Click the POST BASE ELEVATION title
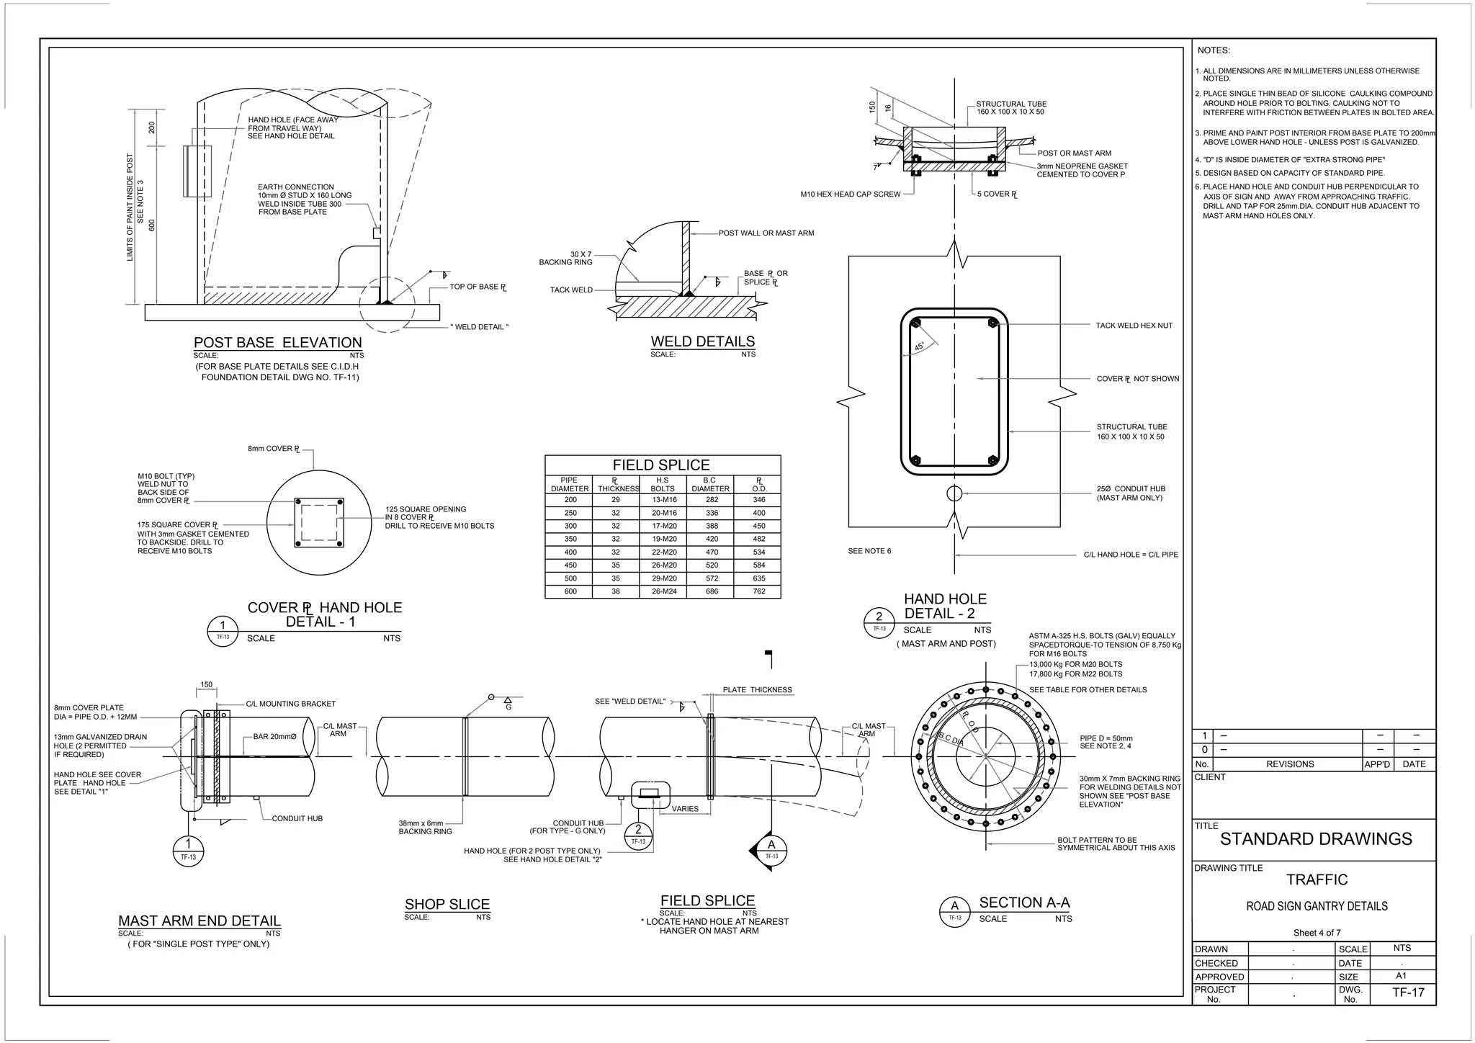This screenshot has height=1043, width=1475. pyautogui.click(x=277, y=343)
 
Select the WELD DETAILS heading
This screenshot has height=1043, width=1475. pyautogui.click(x=702, y=341)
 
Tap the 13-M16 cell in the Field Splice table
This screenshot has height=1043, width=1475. pyautogui.click(x=663, y=500)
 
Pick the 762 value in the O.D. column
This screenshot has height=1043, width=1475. pyautogui.click(x=758, y=591)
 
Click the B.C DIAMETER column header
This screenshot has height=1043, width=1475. pyautogui.click(x=709, y=484)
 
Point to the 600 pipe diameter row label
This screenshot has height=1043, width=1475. pyautogui.click(x=570, y=591)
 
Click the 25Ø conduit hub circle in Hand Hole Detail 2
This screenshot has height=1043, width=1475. pyautogui.click(x=954, y=493)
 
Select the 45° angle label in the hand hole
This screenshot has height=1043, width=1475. pyautogui.click(x=920, y=347)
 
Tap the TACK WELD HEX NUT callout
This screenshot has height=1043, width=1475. pyautogui.click(x=1134, y=326)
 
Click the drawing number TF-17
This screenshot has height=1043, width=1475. pyautogui.click(x=1408, y=993)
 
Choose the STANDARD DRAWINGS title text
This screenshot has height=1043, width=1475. pyautogui.click(x=1316, y=839)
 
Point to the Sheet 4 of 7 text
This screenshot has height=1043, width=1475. pyautogui.click(x=1317, y=933)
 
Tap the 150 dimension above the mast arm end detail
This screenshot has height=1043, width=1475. pyautogui.click(x=207, y=685)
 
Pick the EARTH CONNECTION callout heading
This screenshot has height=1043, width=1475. pyautogui.click(x=295, y=187)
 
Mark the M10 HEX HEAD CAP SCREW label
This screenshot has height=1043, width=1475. pyautogui.click(x=850, y=194)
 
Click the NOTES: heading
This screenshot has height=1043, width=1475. pyautogui.click(x=1214, y=50)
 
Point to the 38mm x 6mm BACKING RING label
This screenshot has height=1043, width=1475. pyautogui.click(x=425, y=827)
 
